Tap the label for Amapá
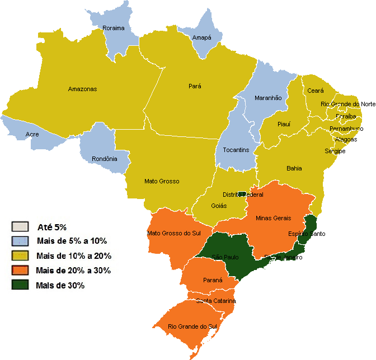click(x=201, y=37)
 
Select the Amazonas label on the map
click(x=82, y=89)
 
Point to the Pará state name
click(x=195, y=86)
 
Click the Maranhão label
click(x=268, y=98)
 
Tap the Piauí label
click(x=284, y=125)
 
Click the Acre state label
click(x=32, y=135)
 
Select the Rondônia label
click(x=105, y=159)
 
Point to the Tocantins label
click(x=236, y=150)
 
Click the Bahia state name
click(x=294, y=168)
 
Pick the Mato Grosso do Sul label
click(x=173, y=233)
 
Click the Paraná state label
click(x=213, y=280)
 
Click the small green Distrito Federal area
click(x=242, y=194)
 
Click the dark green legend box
click(x=20, y=286)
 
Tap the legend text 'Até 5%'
click(x=52, y=227)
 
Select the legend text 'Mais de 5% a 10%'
click(x=71, y=241)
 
